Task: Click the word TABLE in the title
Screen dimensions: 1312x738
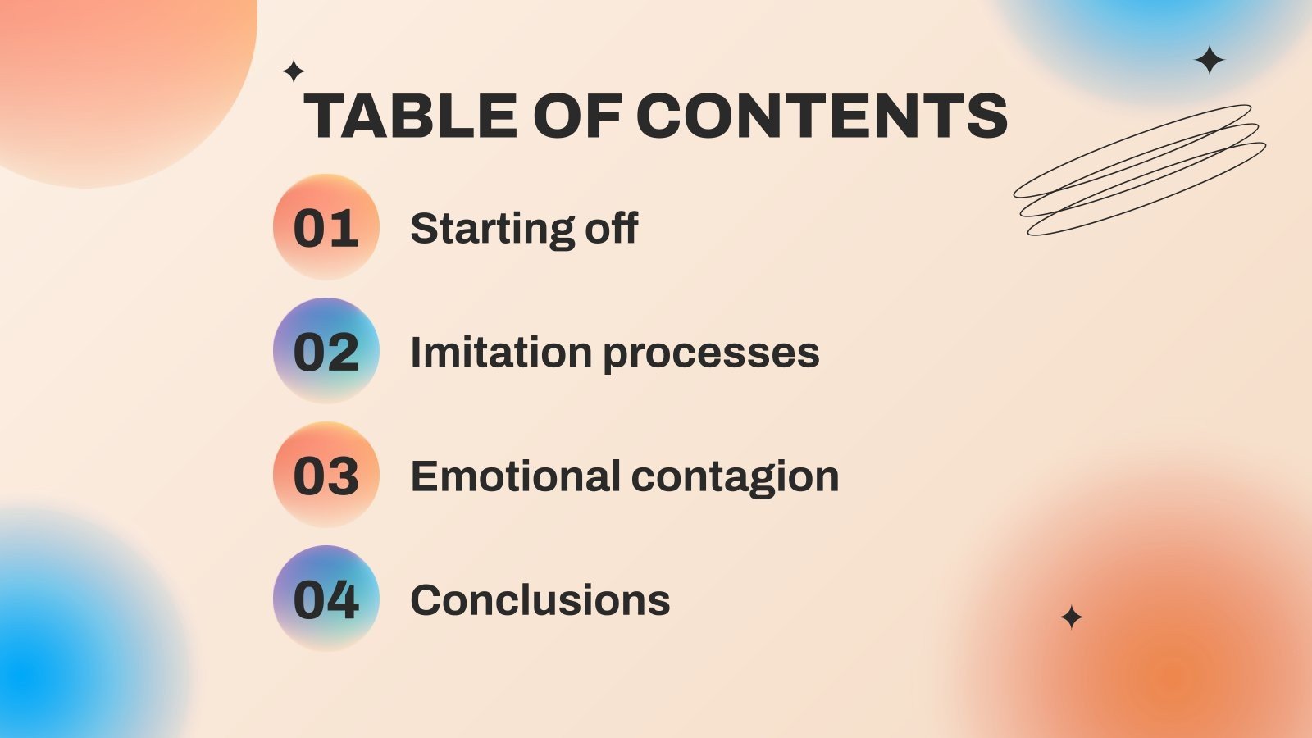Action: point(411,116)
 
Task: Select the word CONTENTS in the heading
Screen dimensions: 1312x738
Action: point(822,116)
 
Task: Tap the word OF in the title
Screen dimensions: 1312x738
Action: point(577,116)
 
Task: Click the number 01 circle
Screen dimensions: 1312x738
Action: point(326,226)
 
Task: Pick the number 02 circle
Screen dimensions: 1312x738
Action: point(326,350)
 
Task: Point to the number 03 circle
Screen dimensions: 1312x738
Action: point(326,475)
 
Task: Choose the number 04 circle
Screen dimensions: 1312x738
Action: point(326,598)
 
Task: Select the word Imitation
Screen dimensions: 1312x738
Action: point(501,352)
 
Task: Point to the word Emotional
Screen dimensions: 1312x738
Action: point(516,476)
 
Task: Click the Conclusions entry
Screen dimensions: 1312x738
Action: point(540,600)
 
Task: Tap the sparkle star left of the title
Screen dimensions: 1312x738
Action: point(294,71)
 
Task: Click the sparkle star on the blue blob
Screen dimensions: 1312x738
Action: point(1209,60)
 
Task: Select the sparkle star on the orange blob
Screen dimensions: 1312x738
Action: point(1071,617)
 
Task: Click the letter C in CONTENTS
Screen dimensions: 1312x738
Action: point(662,116)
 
